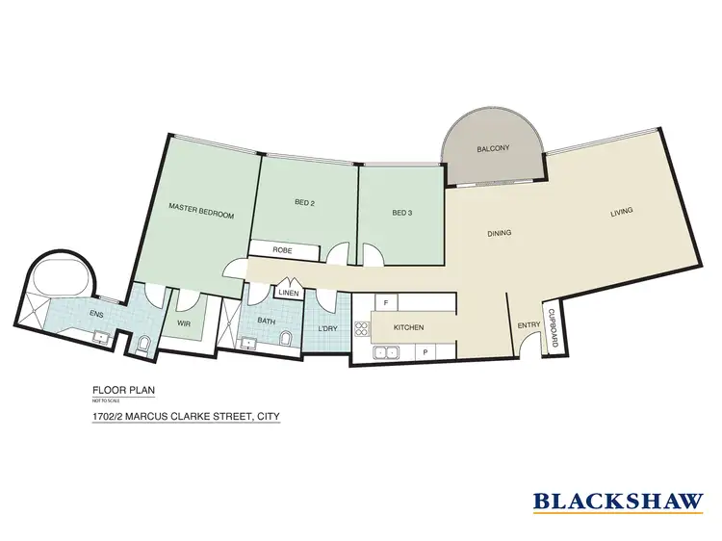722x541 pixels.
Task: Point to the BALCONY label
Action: (x=493, y=149)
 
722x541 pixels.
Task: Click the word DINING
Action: (x=499, y=233)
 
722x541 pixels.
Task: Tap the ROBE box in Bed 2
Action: (x=282, y=250)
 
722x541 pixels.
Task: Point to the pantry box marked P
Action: (x=425, y=352)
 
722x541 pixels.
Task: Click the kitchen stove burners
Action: (x=362, y=329)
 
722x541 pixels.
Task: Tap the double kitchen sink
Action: (x=386, y=352)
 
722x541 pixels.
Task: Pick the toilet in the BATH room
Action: (x=284, y=338)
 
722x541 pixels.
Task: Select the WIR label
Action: (x=184, y=324)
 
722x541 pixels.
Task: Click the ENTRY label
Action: (x=529, y=326)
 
